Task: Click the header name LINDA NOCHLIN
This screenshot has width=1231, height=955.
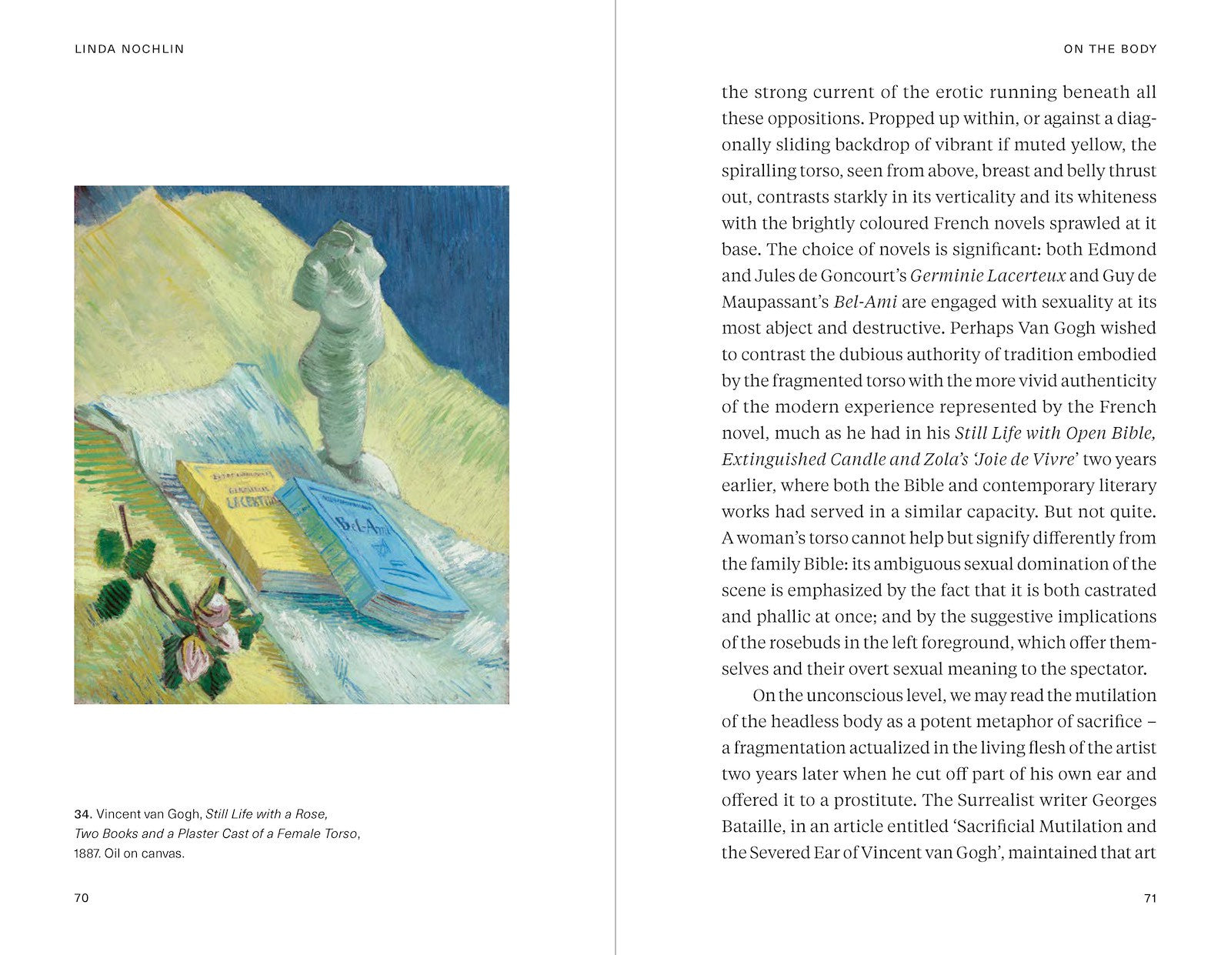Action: click(x=129, y=49)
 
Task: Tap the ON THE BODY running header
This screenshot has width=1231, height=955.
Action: click(x=1109, y=49)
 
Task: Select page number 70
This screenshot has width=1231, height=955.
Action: click(x=82, y=898)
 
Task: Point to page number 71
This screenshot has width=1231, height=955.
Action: click(x=1150, y=898)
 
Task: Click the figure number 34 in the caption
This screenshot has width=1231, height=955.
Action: click(x=82, y=814)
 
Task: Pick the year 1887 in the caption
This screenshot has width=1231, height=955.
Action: click(x=86, y=853)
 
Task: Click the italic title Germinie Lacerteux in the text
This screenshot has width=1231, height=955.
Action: click(x=987, y=275)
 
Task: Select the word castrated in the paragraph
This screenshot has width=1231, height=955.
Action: click(x=1119, y=590)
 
